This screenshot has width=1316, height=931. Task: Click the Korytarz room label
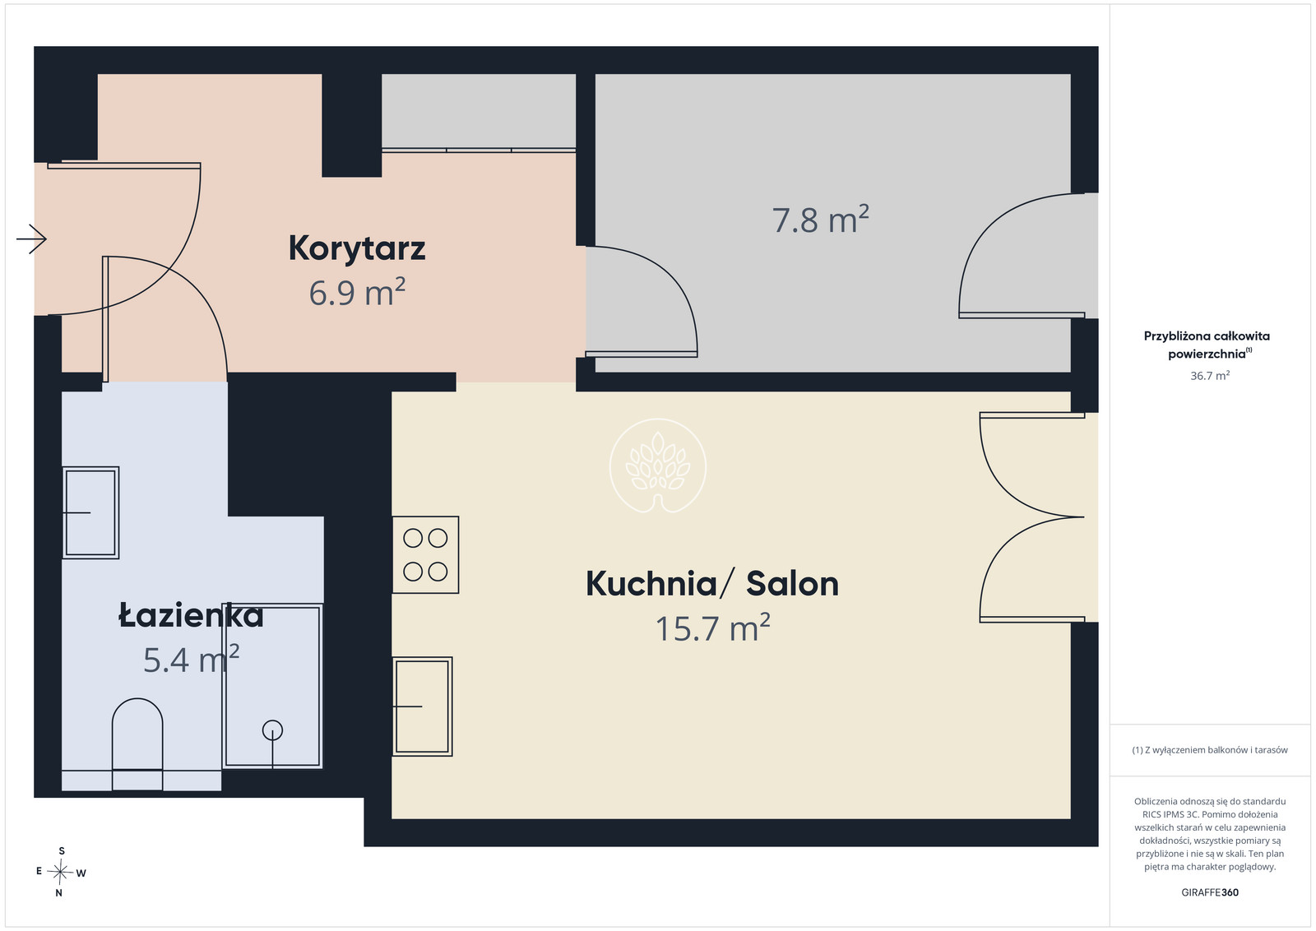point(357,249)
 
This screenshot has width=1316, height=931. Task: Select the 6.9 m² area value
point(357,293)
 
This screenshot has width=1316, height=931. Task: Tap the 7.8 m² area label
point(820,220)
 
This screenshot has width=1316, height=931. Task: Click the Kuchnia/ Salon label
point(712,584)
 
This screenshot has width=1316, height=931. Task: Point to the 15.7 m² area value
point(712,628)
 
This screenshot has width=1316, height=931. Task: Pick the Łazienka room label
point(191,615)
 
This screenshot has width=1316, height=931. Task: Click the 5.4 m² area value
point(191,659)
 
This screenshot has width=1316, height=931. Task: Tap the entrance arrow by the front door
point(32,239)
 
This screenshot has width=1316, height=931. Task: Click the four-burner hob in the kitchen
point(425,554)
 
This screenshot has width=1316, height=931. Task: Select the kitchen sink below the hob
point(423,706)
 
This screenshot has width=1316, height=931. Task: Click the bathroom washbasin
point(91,512)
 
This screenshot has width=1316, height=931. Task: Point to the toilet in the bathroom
point(137,743)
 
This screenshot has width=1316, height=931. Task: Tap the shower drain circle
point(272,730)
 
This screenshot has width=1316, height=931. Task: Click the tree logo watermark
point(658,465)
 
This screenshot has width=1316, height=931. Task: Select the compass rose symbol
point(60,873)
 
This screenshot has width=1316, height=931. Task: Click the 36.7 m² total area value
point(1210,375)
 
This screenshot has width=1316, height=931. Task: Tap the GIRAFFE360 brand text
point(1210,892)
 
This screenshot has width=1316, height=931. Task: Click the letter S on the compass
point(62,851)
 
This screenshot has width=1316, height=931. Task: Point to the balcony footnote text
point(1210,750)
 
